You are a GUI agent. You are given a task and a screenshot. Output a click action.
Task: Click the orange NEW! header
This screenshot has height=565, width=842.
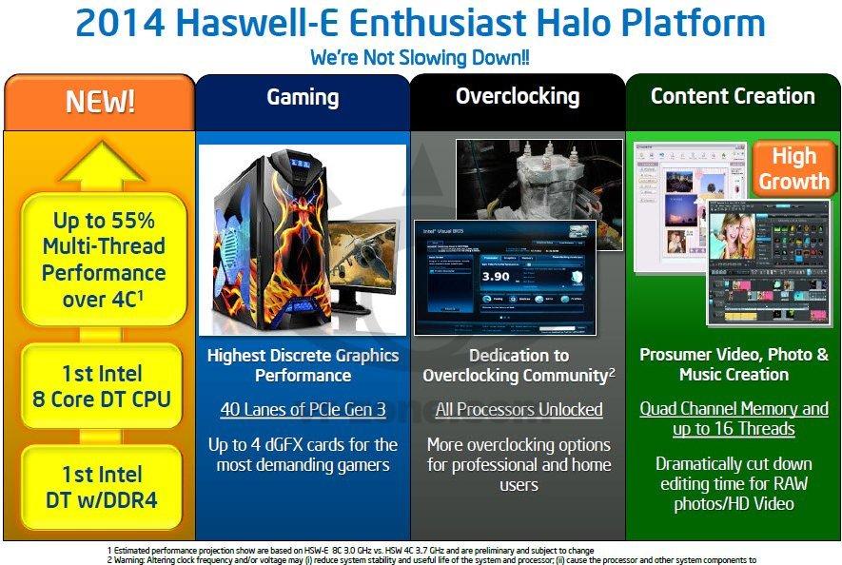pos(99,102)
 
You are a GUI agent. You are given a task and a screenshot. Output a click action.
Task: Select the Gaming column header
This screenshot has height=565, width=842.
pos(302,97)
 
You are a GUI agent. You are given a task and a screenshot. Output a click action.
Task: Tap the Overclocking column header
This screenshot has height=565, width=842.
pos(517,96)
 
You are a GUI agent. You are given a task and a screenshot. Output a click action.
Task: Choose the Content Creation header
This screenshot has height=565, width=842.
pos(733,96)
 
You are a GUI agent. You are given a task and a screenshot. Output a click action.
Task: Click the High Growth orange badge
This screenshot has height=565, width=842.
pos(793,169)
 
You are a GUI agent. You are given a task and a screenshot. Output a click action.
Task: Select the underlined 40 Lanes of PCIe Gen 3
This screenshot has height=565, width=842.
pos(303,410)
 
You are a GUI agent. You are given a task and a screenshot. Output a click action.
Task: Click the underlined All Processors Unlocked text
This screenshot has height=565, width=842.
pos(519,410)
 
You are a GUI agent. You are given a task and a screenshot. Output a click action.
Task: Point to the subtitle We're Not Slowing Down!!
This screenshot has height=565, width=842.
pos(420,58)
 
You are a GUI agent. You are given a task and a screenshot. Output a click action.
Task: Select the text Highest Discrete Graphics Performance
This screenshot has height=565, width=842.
pos(303,365)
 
